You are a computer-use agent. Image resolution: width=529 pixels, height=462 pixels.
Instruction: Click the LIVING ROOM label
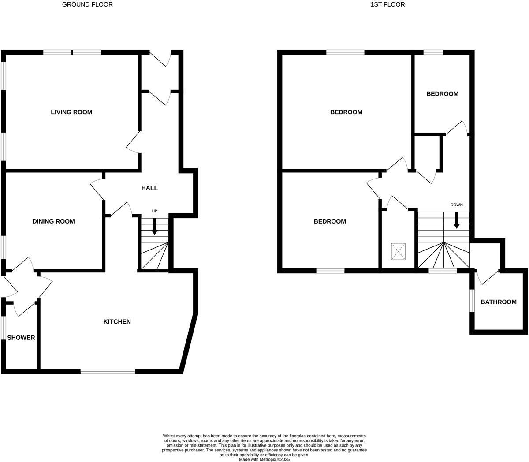coord(71,112)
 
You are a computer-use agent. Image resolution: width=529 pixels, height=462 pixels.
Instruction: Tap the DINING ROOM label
coord(53,221)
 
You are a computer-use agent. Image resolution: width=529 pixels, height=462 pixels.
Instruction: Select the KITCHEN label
coord(117,321)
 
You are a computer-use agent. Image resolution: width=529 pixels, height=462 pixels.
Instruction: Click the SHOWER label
coord(21,338)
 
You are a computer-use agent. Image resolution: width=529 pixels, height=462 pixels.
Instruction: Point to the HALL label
coord(149,188)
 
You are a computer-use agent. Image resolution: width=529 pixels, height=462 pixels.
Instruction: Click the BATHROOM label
coord(498,302)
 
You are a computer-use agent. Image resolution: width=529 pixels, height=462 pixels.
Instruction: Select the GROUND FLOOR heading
coord(87,4)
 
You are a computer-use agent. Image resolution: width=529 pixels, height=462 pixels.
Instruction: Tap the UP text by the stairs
coord(154,211)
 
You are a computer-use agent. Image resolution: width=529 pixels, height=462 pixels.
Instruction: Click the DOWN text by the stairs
coord(456,205)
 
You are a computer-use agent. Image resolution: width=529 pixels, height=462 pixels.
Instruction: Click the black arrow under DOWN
coord(457,220)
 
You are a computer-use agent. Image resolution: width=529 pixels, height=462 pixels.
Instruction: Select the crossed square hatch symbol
coord(399,251)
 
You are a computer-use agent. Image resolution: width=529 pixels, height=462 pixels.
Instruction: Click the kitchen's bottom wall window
coord(108,372)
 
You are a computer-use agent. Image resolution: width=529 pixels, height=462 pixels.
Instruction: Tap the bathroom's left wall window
coord(471,300)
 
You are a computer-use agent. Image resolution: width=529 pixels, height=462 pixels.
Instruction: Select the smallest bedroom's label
coord(442,94)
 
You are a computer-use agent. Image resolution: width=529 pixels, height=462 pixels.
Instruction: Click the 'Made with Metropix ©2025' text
coord(264,459)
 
